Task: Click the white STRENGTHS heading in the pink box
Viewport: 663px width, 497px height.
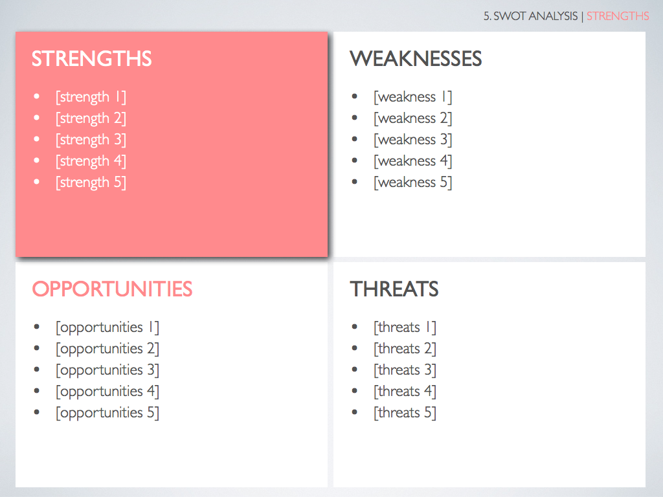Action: pos(91,59)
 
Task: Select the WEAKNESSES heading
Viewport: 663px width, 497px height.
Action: pos(416,59)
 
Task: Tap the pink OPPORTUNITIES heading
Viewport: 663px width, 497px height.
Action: pos(112,289)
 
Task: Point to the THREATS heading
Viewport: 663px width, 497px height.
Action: pos(394,289)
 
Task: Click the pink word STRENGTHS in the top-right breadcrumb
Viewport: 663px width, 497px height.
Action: pos(618,16)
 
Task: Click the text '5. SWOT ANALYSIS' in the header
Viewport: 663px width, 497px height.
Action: pos(531,16)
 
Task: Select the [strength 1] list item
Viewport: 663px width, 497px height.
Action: pos(91,97)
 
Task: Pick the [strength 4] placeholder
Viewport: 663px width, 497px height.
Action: pos(91,161)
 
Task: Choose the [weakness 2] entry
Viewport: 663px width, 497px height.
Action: pos(412,118)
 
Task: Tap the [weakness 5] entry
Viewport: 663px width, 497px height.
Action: pos(412,182)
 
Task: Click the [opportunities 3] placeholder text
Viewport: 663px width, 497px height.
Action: pos(107,370)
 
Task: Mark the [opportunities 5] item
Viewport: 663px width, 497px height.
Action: pos(107,413)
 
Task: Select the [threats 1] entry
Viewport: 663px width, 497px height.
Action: pos(405,327)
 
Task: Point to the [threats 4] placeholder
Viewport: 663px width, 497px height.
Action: pos(405,392)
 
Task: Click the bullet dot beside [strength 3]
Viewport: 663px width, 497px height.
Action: pos(37,139)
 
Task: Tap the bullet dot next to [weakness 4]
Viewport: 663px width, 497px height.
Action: pos(355,160)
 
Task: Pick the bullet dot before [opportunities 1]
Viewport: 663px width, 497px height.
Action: pos(37,327)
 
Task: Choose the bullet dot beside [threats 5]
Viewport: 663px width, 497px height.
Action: pos(355,412)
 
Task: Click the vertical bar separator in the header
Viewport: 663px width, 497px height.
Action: pos(582,16)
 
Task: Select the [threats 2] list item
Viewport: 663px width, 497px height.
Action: pos(405,349)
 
